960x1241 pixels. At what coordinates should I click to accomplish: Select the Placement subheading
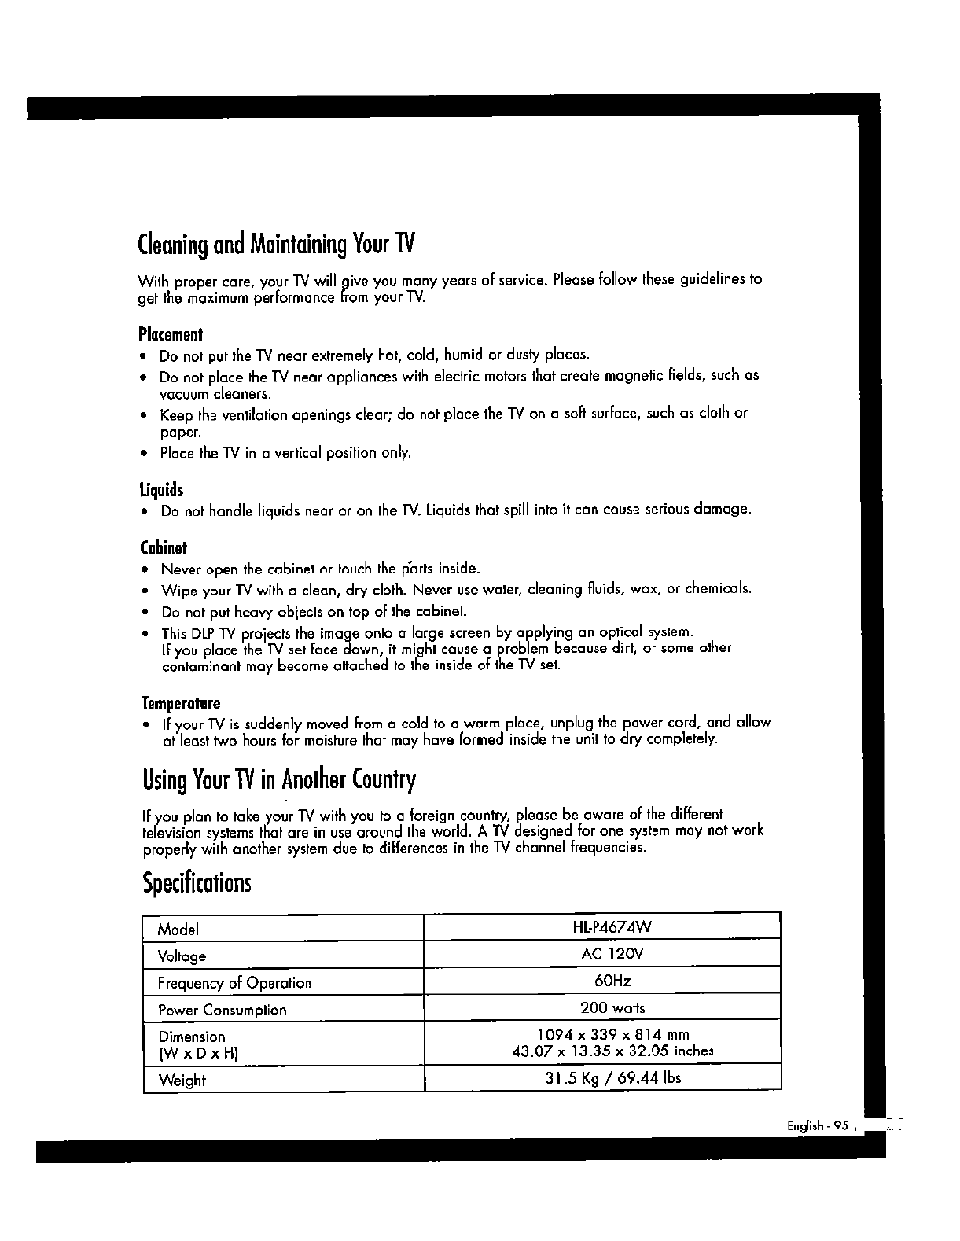point(171,334)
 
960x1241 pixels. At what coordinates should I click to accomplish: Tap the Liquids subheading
point(161,491)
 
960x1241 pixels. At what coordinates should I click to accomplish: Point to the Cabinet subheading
point(164,547)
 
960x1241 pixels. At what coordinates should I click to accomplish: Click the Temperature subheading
point(180,702)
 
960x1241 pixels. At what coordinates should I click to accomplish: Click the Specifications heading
point(197,883)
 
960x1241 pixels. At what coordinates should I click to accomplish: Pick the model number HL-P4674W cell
point(612,926)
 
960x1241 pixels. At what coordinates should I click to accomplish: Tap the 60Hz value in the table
point(612,981)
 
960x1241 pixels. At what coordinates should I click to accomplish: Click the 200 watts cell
point(612,1007)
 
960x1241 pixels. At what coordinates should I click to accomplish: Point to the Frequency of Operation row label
point(234,983)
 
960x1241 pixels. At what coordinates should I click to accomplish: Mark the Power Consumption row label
point(222,1010)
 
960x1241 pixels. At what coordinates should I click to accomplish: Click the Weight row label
point(182,1081)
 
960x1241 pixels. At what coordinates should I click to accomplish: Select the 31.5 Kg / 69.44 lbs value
point(612,1077)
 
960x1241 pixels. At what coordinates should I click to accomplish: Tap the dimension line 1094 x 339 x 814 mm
point(612,1034)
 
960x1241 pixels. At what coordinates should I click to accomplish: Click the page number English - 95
point(818,1125)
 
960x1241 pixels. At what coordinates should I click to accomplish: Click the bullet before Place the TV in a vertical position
point(144,454)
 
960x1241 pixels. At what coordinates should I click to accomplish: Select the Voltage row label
point(182,956)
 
